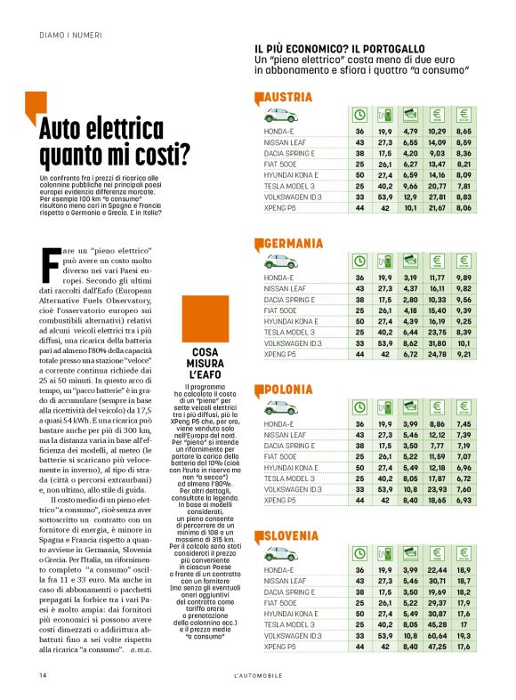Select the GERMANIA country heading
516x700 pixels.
(294, 243)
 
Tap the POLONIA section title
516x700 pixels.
(289, 390)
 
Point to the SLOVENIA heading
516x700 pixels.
(293, 535)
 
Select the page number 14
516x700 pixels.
(43, 676)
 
